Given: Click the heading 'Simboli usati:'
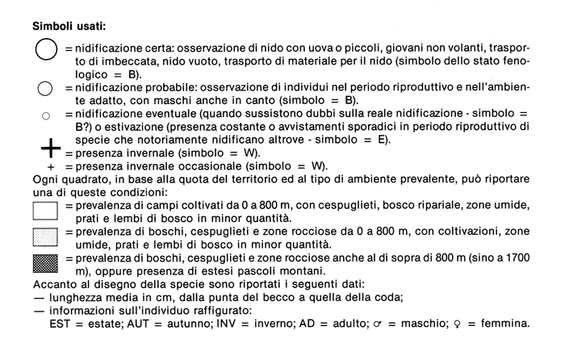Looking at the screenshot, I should [69, 26].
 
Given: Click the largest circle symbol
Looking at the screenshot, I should [46, 51].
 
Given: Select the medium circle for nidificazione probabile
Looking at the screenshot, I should [46, 88].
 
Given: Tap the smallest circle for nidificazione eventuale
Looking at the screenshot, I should [46, 115].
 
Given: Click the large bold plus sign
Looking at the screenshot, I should [50, 148].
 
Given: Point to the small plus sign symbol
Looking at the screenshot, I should [49, 166].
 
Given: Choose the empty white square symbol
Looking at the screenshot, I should [45, 211].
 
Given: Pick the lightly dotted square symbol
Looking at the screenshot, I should [45, 237].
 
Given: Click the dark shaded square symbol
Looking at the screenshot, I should [45, 262].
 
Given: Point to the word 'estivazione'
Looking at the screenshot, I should [128, 127].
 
